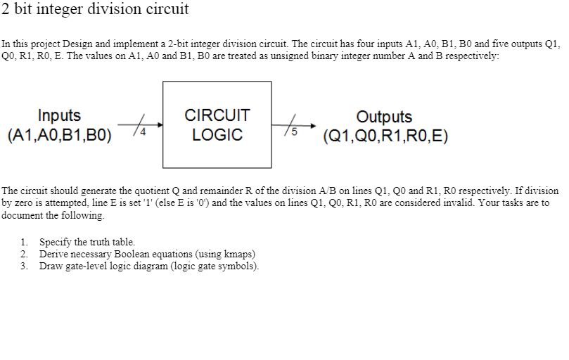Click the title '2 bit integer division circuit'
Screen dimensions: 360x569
point(95,10)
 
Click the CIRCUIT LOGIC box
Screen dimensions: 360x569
point(217,124)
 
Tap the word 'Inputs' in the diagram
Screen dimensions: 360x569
point(59,115)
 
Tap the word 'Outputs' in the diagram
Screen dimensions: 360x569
point(384,117)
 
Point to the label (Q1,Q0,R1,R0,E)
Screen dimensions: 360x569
point(384,136)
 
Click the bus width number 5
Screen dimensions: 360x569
point(294,131)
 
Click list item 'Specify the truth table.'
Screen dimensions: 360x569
point(87,242)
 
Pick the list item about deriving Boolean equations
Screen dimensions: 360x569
point(147,254)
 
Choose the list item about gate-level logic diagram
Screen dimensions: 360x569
point(149,266)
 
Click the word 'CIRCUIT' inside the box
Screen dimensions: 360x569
point(217,115)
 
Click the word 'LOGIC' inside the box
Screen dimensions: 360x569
point(217,134)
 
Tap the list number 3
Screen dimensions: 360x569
point(25,266)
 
